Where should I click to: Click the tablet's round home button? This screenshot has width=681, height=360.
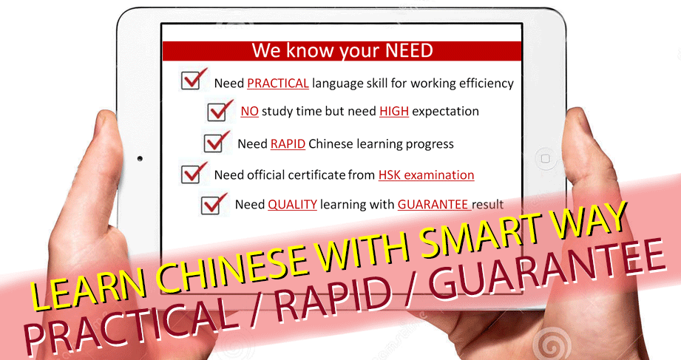coord(545,158)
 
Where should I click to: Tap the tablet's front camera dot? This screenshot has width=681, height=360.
coord(140,158)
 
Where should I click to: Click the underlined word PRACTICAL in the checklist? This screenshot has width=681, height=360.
coord(278,84)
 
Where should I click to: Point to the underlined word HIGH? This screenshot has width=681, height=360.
coord(394,112)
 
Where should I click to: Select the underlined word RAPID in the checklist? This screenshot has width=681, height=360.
coord(288,143)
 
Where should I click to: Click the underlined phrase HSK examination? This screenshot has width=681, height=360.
coord(426,175)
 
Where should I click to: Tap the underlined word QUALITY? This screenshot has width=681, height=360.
coord(292,205)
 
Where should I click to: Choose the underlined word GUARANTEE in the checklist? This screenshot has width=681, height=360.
coord(434,205)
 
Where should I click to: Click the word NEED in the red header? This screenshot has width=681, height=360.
coord(409,51)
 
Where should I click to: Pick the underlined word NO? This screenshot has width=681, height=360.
coord(250,112)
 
